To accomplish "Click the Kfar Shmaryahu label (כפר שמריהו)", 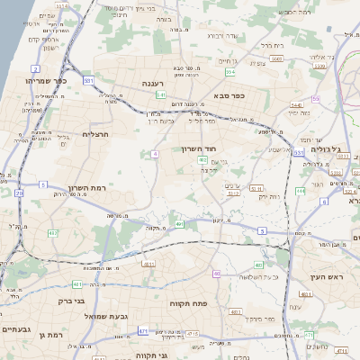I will (41, 80).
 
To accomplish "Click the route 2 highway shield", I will (35, 68).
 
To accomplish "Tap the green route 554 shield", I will (231, 71).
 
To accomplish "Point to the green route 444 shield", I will (300, 191).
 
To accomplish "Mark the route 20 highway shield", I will (20, 193).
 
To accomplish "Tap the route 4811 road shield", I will (148, 264).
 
